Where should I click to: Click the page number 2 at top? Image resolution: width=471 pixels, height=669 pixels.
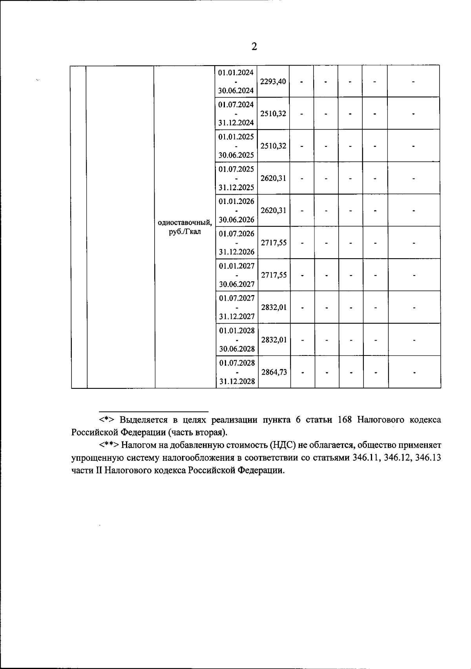pos(254,47)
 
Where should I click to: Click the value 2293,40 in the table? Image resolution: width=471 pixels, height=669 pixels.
pos(273,82)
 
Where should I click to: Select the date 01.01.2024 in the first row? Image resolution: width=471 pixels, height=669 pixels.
pos(236,73)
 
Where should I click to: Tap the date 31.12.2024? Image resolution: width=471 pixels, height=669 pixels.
pos(236,123)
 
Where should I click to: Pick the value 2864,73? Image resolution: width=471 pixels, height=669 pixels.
pos(274,372)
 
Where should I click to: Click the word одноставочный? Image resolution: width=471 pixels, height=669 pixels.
pos(185,222)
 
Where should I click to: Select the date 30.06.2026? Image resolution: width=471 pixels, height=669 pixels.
pos(237,219)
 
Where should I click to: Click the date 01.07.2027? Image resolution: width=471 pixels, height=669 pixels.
pos(237,298)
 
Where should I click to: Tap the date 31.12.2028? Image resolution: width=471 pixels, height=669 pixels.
pos(237,381)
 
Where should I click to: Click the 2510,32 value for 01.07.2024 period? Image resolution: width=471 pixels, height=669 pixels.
pos(273,114)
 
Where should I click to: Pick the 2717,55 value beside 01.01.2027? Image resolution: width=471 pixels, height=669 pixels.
pos(274,275)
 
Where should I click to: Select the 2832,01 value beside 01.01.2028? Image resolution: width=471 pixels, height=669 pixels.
pos(274,340)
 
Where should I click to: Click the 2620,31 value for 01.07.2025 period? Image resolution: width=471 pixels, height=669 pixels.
pos(273,178)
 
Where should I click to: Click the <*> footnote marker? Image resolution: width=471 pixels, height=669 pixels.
pos(107,420)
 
